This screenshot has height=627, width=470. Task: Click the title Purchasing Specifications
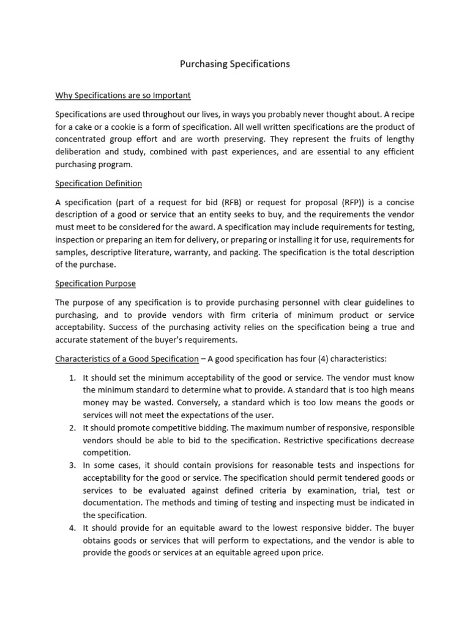[234, 64]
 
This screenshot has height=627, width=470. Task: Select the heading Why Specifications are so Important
[123, 96]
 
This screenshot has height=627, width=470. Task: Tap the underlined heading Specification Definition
[99, 183]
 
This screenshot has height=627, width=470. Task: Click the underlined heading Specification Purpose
[95, 284]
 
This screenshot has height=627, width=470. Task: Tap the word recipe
[400, 113]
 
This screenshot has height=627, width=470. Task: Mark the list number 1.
[72, 377]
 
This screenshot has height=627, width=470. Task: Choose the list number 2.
[72, 427]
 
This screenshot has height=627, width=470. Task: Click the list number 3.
[72, 465]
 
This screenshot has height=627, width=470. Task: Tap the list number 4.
[72, 528]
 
